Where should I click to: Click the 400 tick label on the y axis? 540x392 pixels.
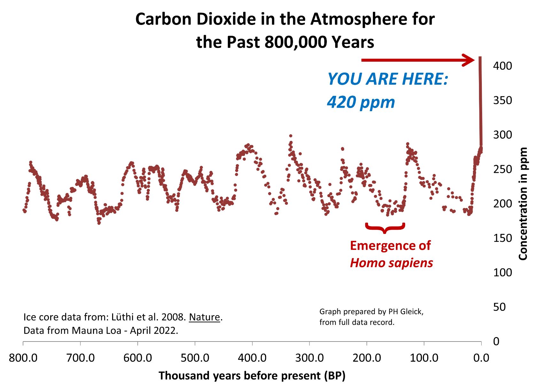502,66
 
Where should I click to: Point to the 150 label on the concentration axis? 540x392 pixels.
502,238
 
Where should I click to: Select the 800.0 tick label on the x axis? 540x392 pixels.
23,357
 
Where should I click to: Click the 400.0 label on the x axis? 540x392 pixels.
252,357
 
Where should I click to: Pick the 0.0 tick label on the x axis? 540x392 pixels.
481,357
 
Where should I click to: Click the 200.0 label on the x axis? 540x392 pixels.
366,357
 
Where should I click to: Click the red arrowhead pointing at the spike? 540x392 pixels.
469,60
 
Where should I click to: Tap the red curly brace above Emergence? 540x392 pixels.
385,228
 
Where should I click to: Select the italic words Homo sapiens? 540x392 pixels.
391,263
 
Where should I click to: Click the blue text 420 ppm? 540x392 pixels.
361,102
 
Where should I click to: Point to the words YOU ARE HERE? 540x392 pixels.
388,79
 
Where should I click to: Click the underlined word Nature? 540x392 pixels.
204,317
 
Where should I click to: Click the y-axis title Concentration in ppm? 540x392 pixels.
523,204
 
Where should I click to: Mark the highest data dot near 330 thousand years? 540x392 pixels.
290,136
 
